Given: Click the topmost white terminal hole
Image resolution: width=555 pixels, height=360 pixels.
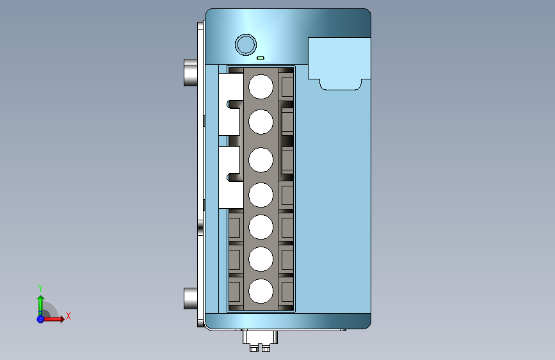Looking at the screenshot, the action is point(261,86).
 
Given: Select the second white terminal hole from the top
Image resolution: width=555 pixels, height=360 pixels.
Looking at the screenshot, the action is point(261,122).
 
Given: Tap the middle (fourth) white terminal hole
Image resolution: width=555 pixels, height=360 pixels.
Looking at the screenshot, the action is point(261,195).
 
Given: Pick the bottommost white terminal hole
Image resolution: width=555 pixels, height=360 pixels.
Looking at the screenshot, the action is point(261,291).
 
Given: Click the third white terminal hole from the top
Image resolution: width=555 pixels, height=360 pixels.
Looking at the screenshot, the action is point(261,160).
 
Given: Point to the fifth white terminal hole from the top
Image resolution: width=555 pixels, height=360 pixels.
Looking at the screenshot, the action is point(261,227).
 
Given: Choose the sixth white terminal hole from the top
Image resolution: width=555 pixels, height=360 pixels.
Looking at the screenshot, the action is point(261,259).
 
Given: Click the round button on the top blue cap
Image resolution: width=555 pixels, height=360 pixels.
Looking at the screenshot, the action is point(246,45).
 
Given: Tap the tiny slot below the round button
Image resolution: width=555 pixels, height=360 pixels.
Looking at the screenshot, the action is point(261,58).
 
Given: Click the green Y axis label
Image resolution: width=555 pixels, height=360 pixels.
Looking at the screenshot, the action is point(40,288).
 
